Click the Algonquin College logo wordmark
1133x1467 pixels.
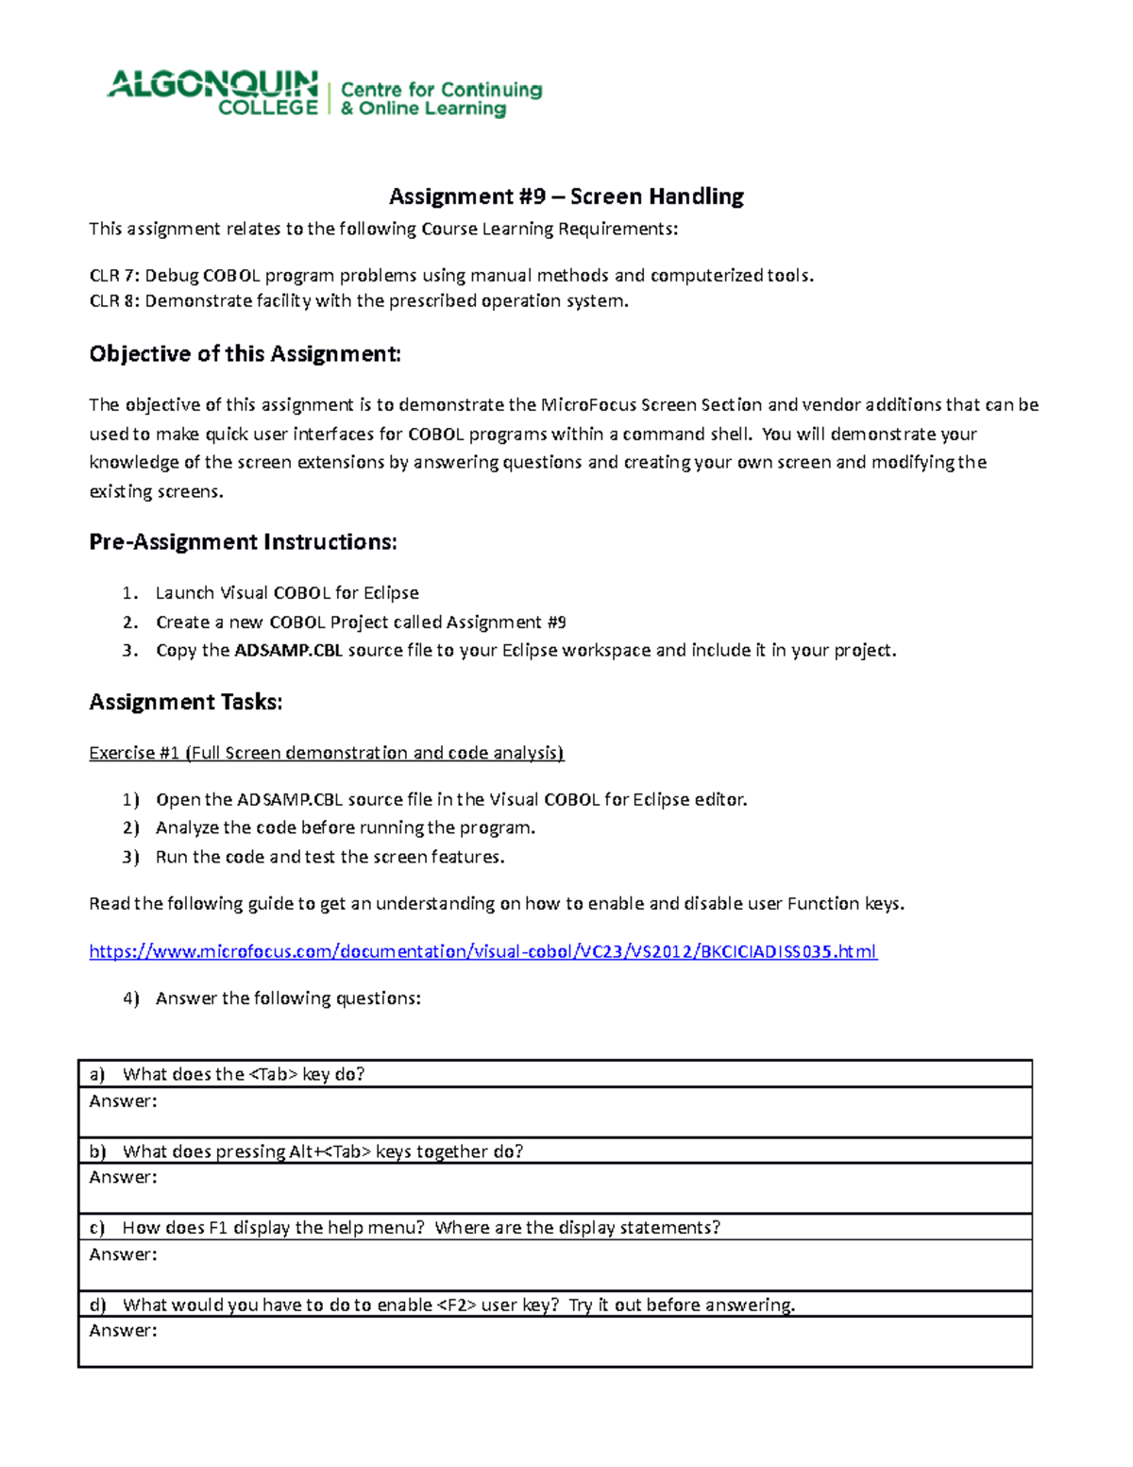[212, 92]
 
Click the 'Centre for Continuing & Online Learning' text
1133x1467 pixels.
[441, 99]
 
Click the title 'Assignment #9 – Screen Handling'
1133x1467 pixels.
[566, 196]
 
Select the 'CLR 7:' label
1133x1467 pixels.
[113, 276]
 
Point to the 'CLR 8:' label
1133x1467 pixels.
[113, 301]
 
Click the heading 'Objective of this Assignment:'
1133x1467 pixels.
[245, 354]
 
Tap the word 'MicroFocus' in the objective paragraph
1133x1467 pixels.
[588, 405]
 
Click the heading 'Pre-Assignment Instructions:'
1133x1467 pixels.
[243, 542]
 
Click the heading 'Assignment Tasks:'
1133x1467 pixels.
[186, 702]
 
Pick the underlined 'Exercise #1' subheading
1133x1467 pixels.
[134, 753]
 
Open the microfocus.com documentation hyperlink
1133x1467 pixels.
[482, 951]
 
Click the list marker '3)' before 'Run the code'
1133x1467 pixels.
[130, 858]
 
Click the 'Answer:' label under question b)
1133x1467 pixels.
[123, 1178]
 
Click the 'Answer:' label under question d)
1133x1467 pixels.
[123, 1331]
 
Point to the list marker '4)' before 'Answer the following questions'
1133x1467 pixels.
[130, 998]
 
